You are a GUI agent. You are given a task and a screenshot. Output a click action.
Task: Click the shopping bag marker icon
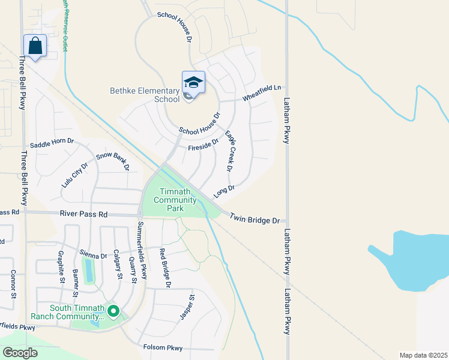click(35, 46)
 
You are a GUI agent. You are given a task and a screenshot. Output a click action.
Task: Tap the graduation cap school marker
click(193, 83)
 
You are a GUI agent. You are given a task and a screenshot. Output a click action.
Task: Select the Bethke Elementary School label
click(145, 95)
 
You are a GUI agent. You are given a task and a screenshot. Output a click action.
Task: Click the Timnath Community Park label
click(177, 200)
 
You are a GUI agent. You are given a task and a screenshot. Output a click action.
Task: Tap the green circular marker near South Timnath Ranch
click(113, 311)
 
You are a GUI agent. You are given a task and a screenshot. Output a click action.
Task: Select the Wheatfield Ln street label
click(262, 92)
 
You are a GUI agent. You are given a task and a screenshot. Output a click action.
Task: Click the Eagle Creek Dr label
click(228, 150)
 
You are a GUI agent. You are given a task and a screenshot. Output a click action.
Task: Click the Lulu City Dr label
click(74, 175)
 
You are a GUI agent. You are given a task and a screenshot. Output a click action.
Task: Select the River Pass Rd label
click(83, 214)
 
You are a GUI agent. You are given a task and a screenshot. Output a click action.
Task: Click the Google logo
click(20, 352)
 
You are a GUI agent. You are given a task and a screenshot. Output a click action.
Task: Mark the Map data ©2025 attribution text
click(423, 355)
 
